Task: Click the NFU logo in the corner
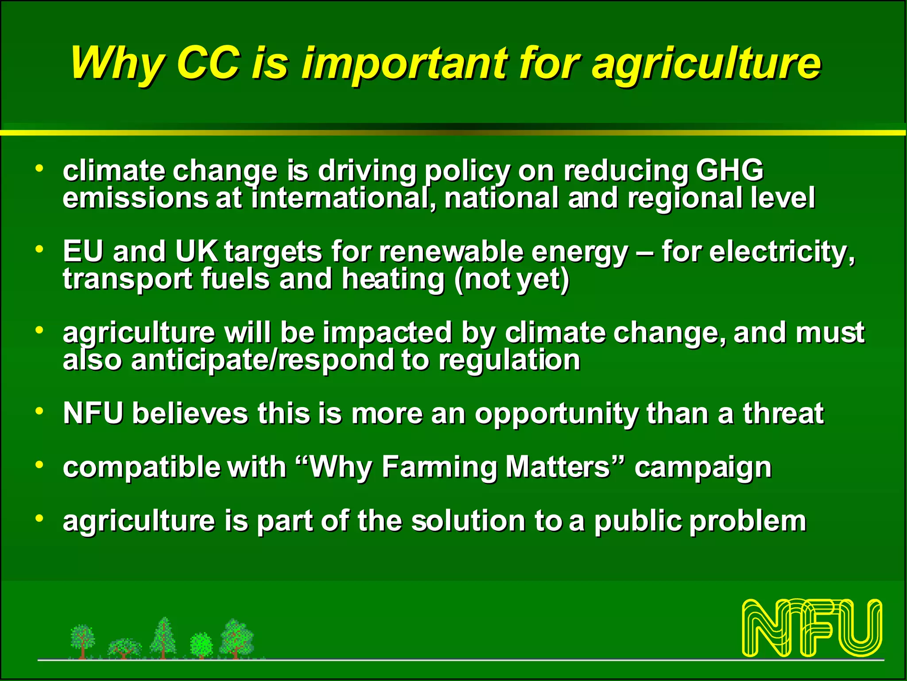(x=812, y=627)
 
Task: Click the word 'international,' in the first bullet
(x=344, y=198)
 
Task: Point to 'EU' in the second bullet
(x=83, y=251)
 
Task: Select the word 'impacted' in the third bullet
(x=387, y=333)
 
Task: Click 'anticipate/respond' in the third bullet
(x=262, y=360)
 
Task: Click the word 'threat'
(x=783, y=413)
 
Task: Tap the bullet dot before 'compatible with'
(x=40, y=465)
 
